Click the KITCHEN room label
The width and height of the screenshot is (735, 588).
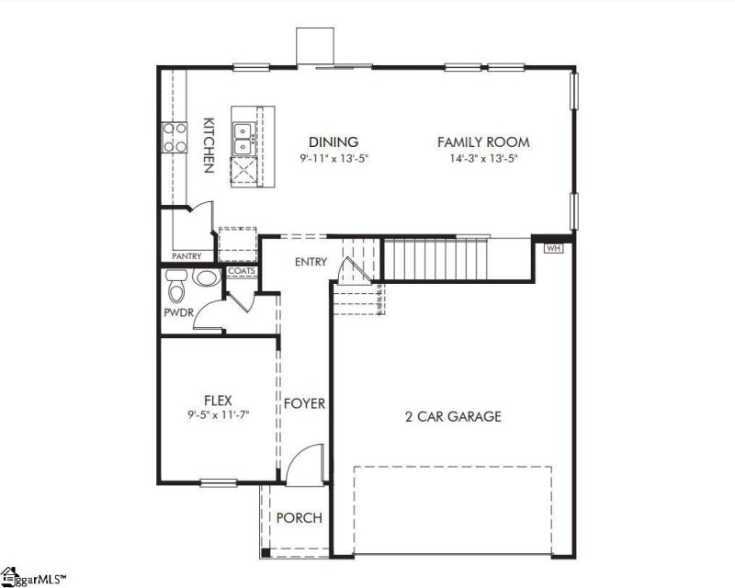click(x=209, y=145)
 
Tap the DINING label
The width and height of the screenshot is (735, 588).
click(x=333, y=141)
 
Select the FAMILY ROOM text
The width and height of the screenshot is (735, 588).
click(x=483, y=142)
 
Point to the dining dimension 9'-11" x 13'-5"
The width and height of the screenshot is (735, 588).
click(x=334, y=157)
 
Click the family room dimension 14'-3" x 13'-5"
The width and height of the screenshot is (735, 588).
click(x=483, y=157)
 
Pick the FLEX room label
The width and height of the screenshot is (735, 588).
click(x=218, y=400)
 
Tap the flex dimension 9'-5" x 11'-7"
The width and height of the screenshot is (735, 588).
click(x=218, y=414)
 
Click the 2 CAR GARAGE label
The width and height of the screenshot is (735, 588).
click(x=453, y=416)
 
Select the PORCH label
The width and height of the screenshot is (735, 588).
click(x=300, y=518)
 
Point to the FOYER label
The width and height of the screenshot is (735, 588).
click(x=304, y=403)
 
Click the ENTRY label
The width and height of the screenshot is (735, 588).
click(x=311, y=262)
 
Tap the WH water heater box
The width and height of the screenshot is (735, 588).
click(x=553, y=248)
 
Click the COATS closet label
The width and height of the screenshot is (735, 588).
click(x=241, y=271)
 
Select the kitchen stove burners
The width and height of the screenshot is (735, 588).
click(x=173, y=137)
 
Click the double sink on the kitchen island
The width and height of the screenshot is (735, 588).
click(x=243, y=139)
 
